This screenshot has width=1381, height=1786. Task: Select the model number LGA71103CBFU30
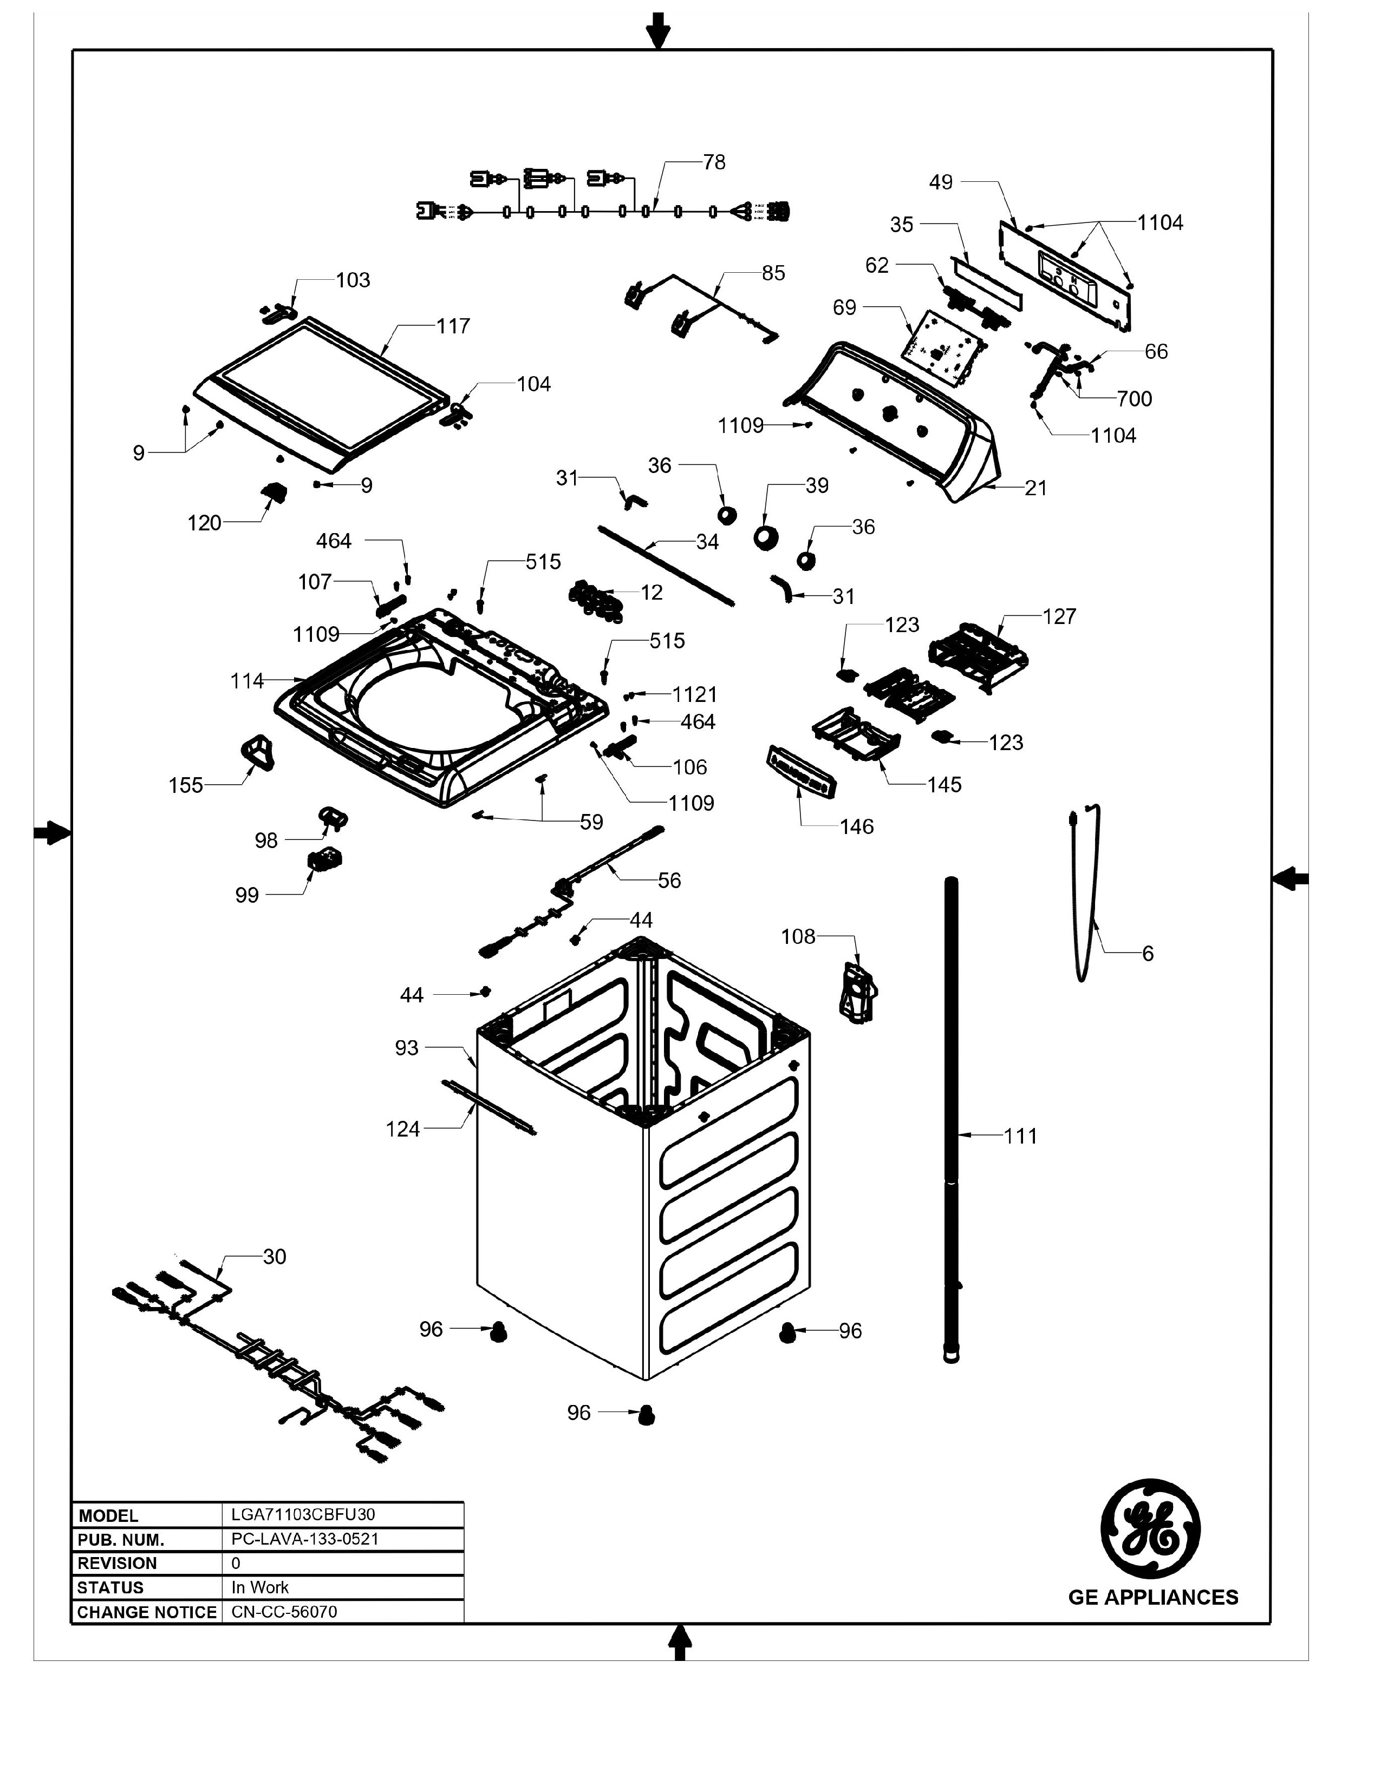pos(303,1514)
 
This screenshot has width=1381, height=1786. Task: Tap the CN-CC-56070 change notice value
pos(284,1611)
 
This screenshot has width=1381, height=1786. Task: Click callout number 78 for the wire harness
pos(713,163)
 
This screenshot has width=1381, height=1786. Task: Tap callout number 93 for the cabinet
pos(407,1048)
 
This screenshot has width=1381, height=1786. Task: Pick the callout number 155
pos(186,785)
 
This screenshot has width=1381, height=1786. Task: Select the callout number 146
pos(857,827)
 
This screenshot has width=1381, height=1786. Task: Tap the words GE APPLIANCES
pos(1153,1597)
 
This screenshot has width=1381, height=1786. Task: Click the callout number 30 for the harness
pos(274,1256)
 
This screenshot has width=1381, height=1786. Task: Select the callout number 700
pos(1134,399)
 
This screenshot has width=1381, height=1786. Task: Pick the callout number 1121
pos(695,694)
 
